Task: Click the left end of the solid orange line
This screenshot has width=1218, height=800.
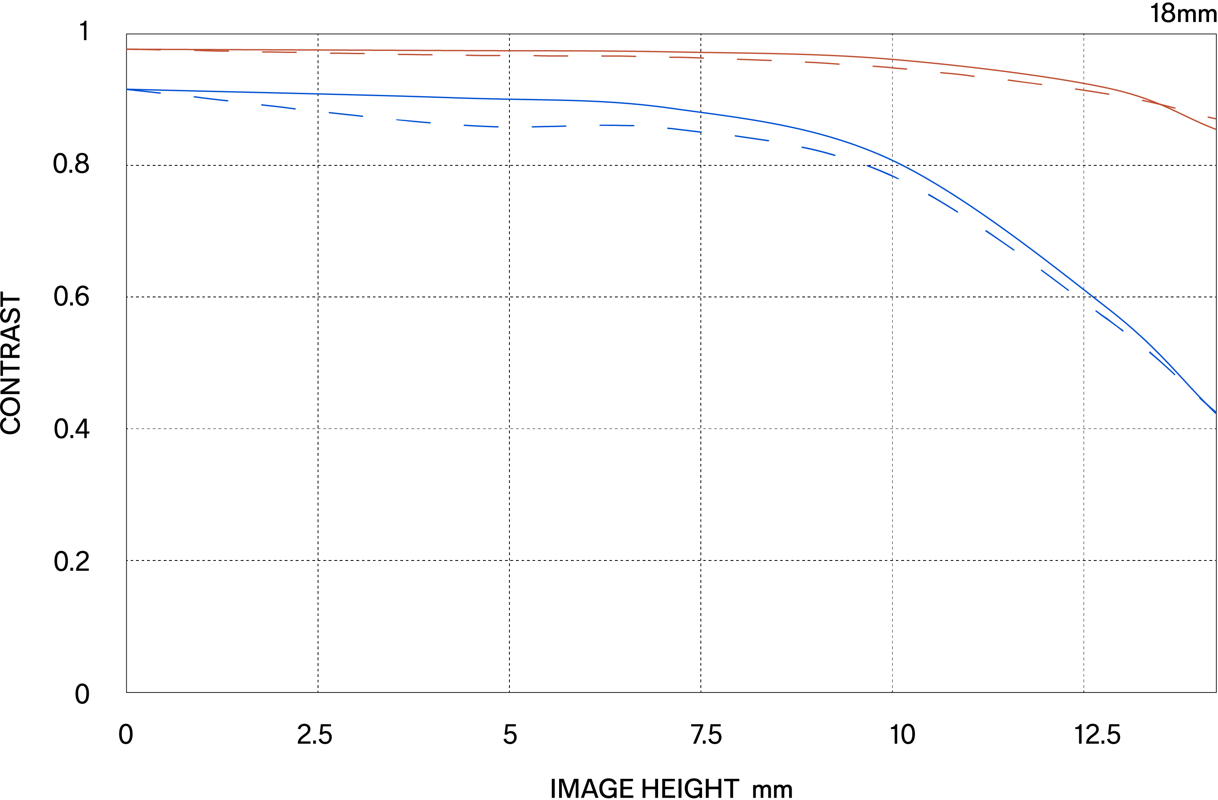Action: coord(127,49)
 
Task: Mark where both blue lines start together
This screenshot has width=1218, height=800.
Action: coord(127,89)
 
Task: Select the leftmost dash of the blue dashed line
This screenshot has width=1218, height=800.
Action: coord(144,91)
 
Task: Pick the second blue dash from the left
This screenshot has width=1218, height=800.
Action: coord(211,99)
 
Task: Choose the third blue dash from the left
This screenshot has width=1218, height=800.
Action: coord(279,106)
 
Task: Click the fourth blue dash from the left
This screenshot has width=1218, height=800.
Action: coord(346,114)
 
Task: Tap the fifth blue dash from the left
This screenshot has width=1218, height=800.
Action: coord(413,121)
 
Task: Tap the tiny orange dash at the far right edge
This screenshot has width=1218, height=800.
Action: coord(1212,118)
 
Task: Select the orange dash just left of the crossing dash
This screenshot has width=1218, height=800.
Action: coord(1092,92)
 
